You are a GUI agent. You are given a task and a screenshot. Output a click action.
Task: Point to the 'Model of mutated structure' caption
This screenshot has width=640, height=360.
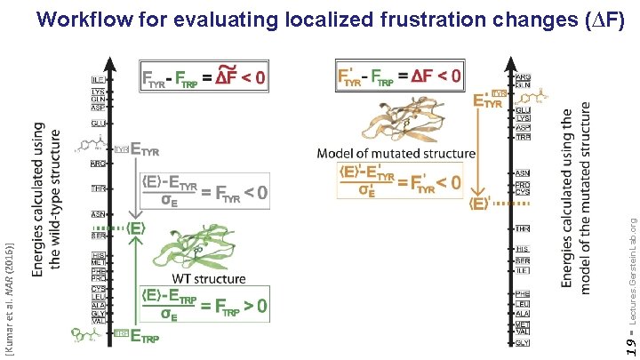tap(396, 153)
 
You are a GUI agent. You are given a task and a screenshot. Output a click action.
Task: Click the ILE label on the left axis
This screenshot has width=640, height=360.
tap(99, 79)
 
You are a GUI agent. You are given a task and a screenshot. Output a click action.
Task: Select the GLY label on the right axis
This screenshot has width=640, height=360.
tap(524, 342)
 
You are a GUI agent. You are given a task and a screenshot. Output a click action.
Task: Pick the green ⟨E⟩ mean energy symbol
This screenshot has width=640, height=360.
tap(136, 228)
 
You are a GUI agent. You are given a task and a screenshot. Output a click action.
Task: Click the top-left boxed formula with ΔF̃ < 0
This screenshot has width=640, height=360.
tap(204, 77)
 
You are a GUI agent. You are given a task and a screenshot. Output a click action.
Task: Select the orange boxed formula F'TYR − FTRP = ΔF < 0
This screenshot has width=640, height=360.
tap(400, 76)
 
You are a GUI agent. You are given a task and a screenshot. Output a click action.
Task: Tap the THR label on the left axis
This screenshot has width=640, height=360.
tap(99, 188)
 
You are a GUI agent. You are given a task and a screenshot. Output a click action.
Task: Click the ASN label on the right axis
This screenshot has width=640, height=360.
tap(524, 173)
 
